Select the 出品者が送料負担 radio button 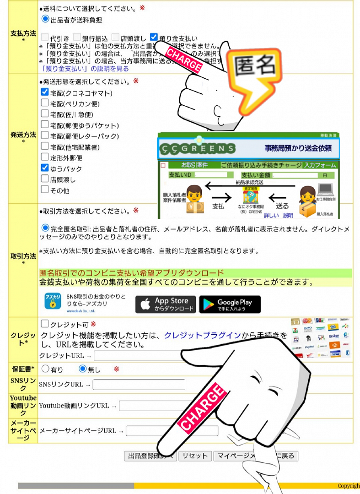45,19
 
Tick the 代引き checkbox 45,37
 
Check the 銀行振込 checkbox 77,37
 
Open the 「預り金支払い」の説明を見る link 85,69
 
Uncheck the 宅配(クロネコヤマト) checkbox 45,92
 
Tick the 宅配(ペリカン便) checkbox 45,103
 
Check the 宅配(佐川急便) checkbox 45,114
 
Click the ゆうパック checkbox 45,168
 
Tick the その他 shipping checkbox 45,189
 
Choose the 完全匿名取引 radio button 45,228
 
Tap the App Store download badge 165,304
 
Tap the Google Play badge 229,304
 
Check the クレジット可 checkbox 45,323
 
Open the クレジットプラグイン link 202,335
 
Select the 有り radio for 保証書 45,369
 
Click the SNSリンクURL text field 139,384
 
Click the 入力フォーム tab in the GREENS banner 320,165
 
